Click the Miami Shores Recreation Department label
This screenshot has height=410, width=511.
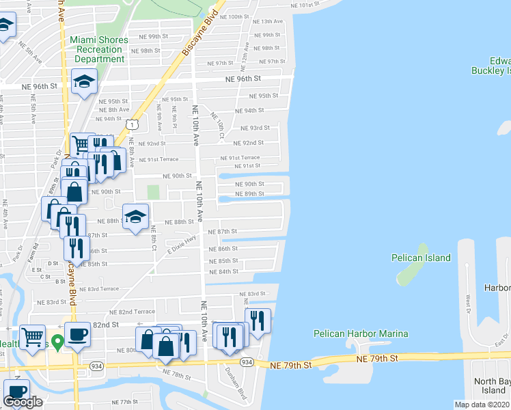pyautogui.click(x=99, y=49)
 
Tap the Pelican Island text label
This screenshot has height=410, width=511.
pyautogui.click(x=421, y=258)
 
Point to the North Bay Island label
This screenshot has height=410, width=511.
pyautogui.click(x=492, y=385)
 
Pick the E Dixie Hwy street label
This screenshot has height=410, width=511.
pyautogui.click(x=181, y=245)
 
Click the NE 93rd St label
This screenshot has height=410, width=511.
pyautogui.click(x=255, y=128)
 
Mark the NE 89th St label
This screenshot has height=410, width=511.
pyautogui.click(x=249, y=194)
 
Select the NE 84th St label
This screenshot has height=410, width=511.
pyautogui.click(x=223, y=271)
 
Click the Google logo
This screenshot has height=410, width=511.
pyautogui.click(x=23, y=401)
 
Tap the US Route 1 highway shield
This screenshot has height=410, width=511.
pyautogui.click(x=133, y=124)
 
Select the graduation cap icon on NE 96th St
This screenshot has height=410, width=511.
pyautogui.click(x=85, y=83)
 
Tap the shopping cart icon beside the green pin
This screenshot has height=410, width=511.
pyautogui.click(x=32, y=336)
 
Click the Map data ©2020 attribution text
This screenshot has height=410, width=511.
pyautogui.click(x=482, y=405)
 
